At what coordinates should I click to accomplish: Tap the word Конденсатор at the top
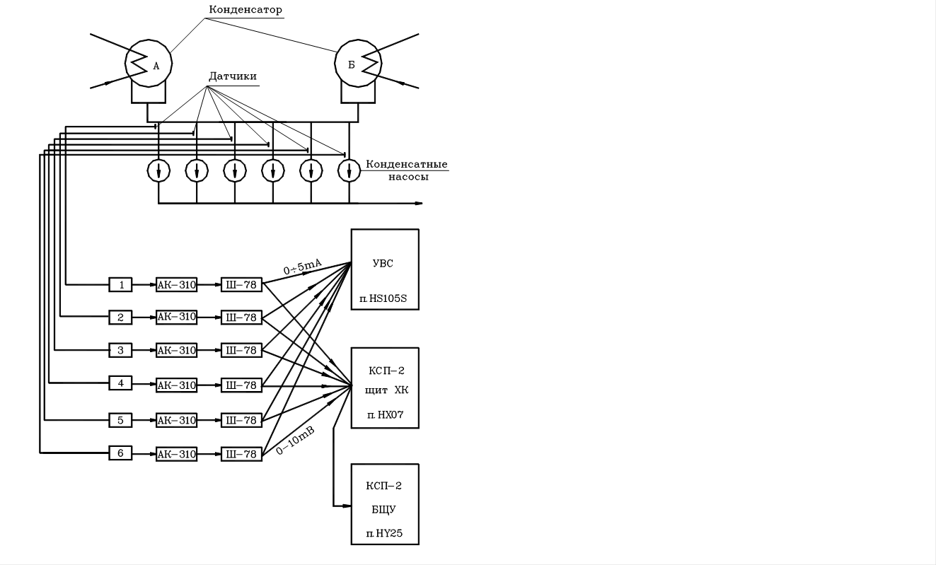[245, 10]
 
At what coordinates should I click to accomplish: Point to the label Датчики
[233, 76]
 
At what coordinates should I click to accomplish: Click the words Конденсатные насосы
[408, 170]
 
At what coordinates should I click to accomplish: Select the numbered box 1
[120, 285]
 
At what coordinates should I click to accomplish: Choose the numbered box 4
[120, 383]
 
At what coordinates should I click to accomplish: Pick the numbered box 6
[120, 453]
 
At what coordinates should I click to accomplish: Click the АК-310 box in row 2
[176, 317]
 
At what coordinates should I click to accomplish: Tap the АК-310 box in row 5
[176, 420]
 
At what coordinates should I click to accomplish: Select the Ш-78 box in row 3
[241, 351]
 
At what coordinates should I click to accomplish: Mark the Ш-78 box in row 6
[241, 454]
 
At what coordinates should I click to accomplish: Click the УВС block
[385, 269]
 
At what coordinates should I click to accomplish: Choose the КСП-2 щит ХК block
[385, 388]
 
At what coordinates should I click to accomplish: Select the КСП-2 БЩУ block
[385, 504]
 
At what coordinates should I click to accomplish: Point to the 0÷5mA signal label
[303, 268]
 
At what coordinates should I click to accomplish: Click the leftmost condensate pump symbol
[158, 170]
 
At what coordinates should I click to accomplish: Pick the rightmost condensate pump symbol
[349, 170]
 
